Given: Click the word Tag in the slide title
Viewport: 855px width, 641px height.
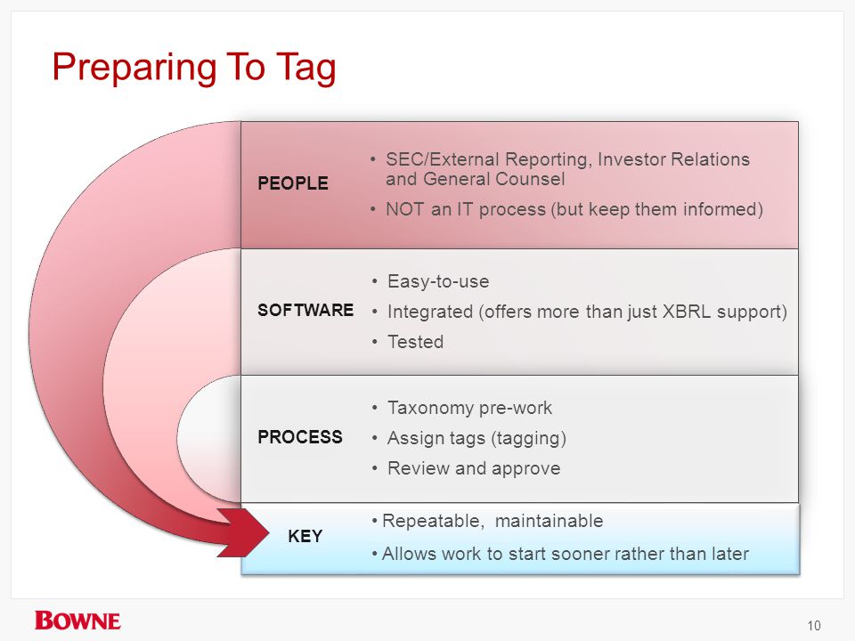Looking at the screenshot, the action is click(x=305, y=69).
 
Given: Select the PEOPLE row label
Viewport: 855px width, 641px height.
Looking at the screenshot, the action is click(x=293, y=183).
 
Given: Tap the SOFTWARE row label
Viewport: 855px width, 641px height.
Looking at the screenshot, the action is click(x=305, y=310).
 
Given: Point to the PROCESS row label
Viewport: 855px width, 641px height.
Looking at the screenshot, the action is click(x=300, y=436).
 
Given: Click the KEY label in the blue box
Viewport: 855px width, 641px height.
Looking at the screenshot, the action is click(x=305, y=536).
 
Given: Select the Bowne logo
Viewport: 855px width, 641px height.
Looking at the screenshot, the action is click(x=77, y=621).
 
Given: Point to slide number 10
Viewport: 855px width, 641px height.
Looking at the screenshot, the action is click(x=814, y=625).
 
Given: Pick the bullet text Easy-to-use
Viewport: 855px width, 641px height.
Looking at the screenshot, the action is click(x=438, y=281).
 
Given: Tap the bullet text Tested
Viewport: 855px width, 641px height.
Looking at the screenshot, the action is click(x=415, y=342).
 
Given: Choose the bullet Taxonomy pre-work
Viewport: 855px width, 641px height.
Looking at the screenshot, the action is click(x=469, y=408).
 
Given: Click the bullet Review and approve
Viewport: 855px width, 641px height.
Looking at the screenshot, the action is click(x=474, y=468).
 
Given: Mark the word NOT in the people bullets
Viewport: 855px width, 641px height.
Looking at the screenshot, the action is click(x=405, y=209).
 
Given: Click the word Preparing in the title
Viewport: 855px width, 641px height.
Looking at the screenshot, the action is click(x=134, y=69).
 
